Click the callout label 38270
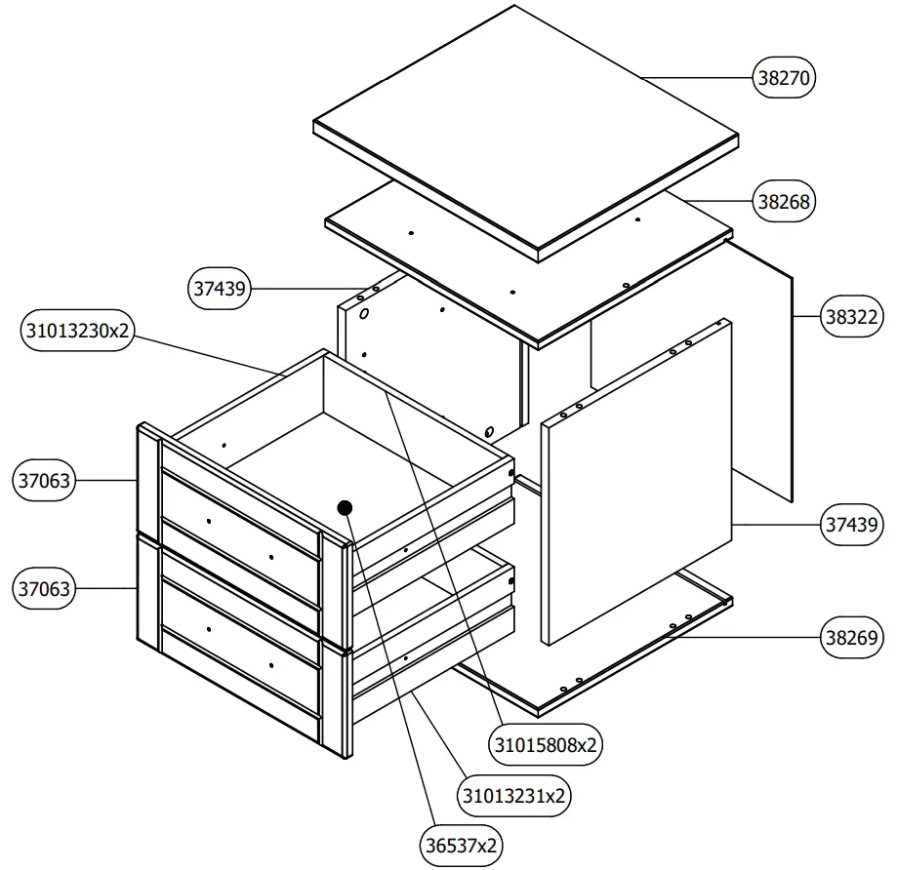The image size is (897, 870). coord(784,77)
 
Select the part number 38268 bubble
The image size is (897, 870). coord(784,202)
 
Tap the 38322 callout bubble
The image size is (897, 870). coord(852,317)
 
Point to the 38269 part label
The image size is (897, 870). coord(852,639)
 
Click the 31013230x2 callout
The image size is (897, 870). coord(76,332)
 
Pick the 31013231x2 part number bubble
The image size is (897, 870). coord(514,795)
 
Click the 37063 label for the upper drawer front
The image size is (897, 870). coord(44,481)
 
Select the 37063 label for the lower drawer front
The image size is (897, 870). coord(44,589)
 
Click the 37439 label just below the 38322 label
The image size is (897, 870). coord(852,525)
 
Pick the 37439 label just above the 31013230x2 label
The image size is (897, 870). coord(220,289)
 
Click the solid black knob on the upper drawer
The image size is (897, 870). coord(345,507)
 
